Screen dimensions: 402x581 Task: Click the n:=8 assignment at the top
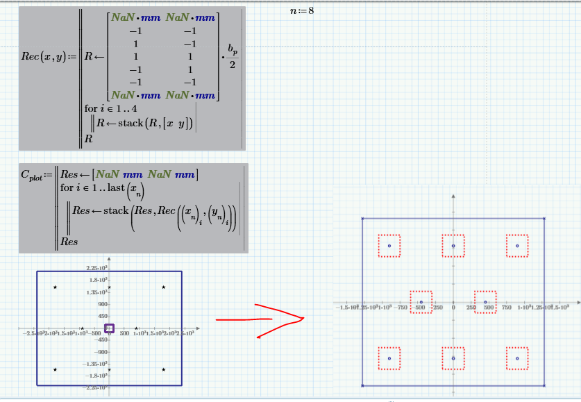[x=301, y=10]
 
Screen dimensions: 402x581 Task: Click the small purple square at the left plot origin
[x=109, y=328]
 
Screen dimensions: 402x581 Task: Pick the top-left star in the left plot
[x=56, y=287]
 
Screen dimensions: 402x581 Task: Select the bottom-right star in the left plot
[x=163, y=369]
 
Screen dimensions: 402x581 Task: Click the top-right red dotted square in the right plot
[x=517, y=246]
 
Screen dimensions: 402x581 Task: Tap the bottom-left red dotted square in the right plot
[x=389, y=358]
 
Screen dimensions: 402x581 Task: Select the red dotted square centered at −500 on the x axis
[x=421, y=302]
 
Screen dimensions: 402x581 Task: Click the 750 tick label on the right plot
[x=507, y=308]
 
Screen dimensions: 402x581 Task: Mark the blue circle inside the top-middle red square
[x=453, y=246]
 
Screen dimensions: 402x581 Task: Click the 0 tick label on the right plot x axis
[x=453, y=308]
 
